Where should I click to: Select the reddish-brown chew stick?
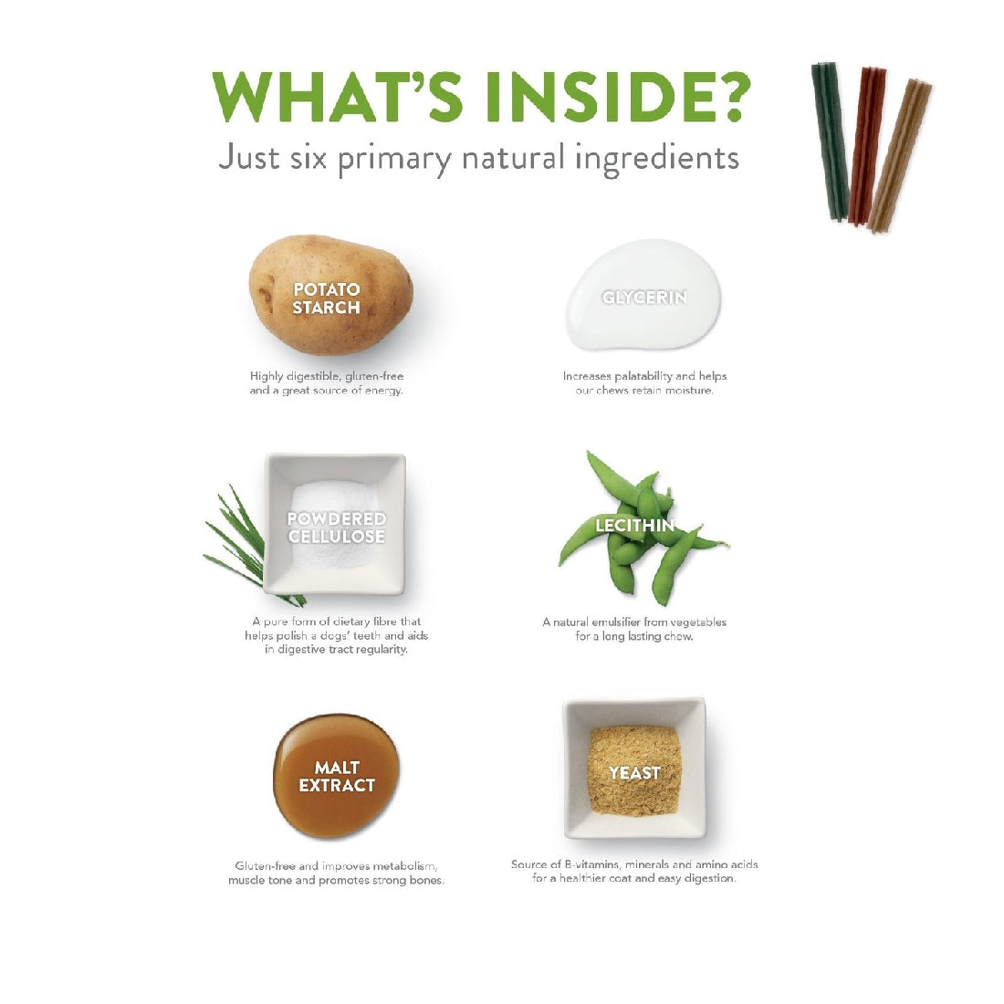[x=867, y=146]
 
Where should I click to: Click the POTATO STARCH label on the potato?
[x=327, y=298]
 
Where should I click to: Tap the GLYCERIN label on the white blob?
[x=644, y=298]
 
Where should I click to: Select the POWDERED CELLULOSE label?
[x=336, y=528]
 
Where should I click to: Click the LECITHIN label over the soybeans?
[x=634, y=526]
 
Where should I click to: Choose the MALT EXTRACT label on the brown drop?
[x=337, y=776]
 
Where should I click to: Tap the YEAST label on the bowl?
[x=634, y=773]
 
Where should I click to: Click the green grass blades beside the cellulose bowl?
[x=246, y=544]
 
